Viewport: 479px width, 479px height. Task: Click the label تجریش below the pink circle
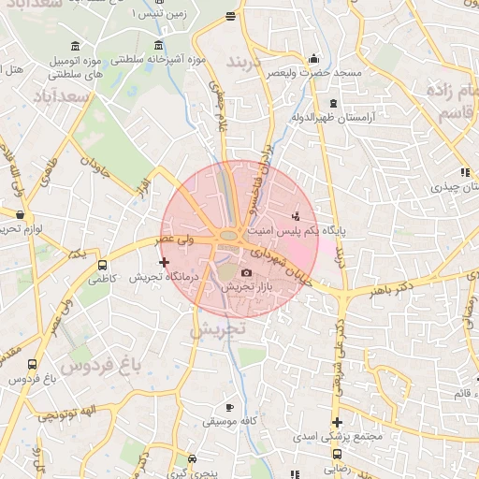(217, 329)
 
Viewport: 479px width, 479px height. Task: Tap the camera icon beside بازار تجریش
(247, 272)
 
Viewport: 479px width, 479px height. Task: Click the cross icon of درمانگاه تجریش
(165, 263)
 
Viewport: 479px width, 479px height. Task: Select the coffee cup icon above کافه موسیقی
(231, 408)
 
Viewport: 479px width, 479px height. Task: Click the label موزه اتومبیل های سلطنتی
(75, 65)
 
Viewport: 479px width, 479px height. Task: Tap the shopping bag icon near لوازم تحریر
(20, 214)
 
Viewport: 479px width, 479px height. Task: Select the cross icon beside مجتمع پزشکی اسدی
(337, 422)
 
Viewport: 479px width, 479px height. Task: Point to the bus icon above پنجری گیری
(193, 458)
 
